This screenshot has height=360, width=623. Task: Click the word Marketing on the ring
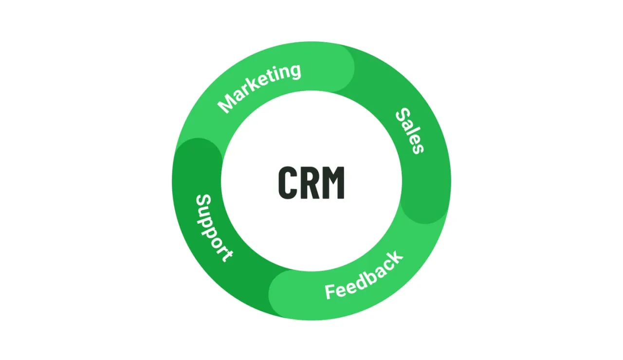259,88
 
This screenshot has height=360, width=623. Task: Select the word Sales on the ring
409,130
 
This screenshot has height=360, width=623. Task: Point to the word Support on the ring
213,228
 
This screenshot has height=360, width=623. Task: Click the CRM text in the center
311,182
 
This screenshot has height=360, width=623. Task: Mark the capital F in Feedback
330,292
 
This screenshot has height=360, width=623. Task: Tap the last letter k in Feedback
397,257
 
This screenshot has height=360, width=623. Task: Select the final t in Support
226,254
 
